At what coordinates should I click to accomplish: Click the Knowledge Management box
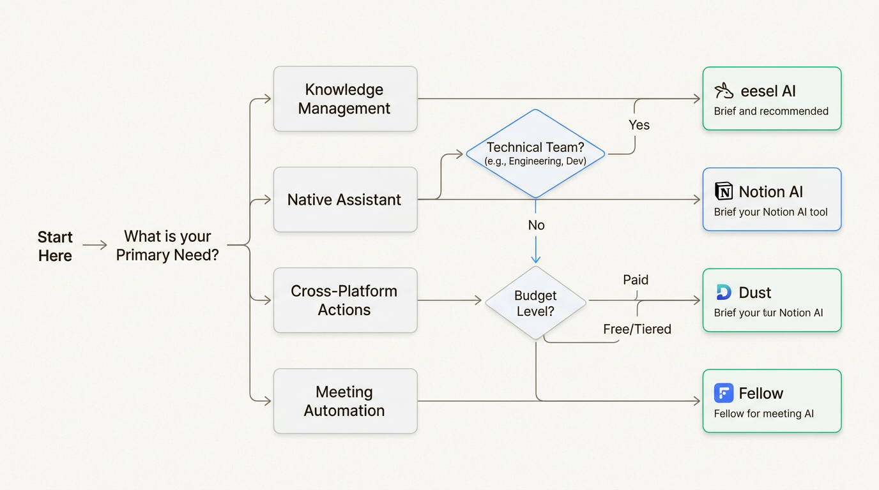(x=345, y=99)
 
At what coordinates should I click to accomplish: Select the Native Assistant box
(x=345, y=200)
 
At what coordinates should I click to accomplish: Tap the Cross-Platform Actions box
(x=345, y=301)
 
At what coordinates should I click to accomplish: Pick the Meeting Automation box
(x=345, y=401)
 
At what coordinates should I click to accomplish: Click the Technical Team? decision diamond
(x=535, y=154)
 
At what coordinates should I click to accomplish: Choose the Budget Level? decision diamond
(x=535, y=303)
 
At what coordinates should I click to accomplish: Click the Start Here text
(x=55, y=246)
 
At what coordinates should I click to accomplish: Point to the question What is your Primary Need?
(x=167, y=246)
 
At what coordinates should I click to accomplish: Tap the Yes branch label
(x=639, y=125)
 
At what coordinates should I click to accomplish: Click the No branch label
(x=536, y=225)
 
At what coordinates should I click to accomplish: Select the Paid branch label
(x=636, y=279)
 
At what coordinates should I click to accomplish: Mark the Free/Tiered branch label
(x=637, y=329)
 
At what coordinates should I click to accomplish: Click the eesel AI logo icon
(x=724, y=91)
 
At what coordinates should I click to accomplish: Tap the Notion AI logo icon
(x=724, y=191)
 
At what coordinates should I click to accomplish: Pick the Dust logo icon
(x=724, y=292)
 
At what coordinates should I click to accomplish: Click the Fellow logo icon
(x=724, y=393)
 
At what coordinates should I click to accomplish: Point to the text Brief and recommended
(x=771, y=111)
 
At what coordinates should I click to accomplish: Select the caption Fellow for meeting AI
(x=764, y=413)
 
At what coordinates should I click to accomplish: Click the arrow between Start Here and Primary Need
(x=95, y=245)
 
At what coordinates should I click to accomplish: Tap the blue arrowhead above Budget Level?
(x=536, y=258)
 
